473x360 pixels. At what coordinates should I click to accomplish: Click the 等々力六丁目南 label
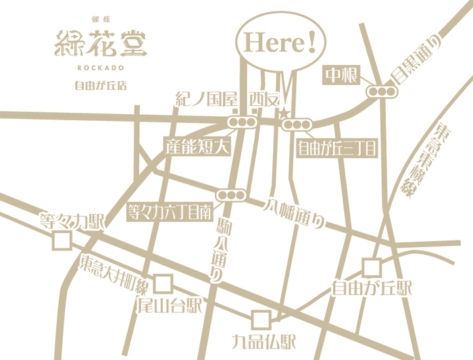(172, 212)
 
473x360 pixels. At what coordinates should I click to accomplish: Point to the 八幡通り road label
(295, 213)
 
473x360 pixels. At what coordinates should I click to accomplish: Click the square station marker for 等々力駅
(62, 240)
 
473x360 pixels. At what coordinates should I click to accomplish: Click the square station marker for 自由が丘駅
(372, 267)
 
